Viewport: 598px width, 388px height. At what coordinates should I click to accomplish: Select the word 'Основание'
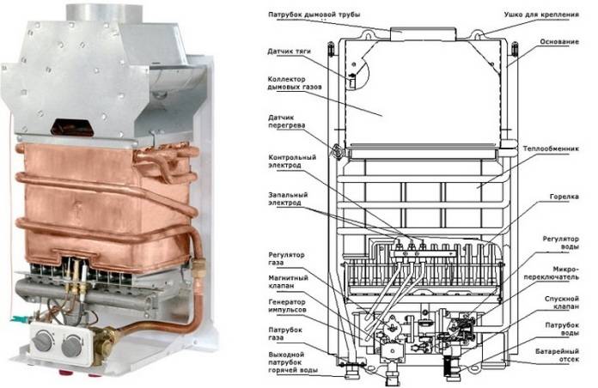(x=567, y=41)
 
